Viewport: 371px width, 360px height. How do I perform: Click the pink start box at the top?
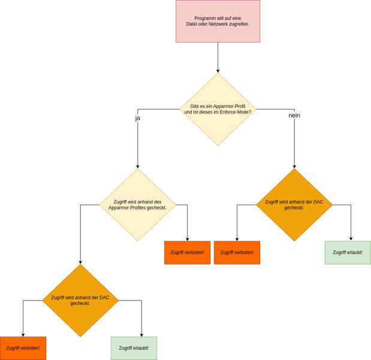pyautogui.click(x=218, y=22)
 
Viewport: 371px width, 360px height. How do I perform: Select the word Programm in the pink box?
pyautogui.click(x=205, y=18)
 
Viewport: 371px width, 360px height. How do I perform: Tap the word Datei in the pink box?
pyautogui.click(x=193, y=24)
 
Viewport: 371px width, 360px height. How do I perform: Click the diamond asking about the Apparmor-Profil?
pyautogui.click(x=218, y=109)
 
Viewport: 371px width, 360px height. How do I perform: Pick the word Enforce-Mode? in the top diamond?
pyautogui.click(x=236, y=112)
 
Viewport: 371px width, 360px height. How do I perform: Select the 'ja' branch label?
pyautogui.click(x=137, y=118)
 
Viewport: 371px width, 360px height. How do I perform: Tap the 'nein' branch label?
pyautogui.click(x=294, y=115)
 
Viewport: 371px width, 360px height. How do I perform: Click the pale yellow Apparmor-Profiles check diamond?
pyautogui.click(x=137, y=205)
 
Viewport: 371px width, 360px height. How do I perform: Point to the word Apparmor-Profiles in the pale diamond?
pyautogui.click(x=128, y=208)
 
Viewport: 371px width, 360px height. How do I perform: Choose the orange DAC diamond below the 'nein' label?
pyautogui.click(x=294, y=205)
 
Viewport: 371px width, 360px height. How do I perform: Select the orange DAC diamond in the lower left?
pyautogui.click(x=80, y=300)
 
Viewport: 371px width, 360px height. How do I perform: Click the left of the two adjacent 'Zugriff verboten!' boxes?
pyautogui.click(x=188, y=253)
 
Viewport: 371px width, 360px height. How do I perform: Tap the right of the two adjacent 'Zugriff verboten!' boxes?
pyautogui.click(x=237, y=253)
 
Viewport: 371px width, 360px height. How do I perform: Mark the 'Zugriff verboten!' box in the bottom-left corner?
pyautogui.click(x=23, y=348)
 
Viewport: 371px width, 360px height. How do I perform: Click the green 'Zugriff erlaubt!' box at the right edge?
pyautogui.click(x=347, y=253)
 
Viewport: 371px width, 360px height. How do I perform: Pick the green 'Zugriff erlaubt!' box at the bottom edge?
pyautogui.click(x=134, y=348)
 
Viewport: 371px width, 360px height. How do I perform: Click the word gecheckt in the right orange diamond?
pyautogui.click(x=294, y=208)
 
